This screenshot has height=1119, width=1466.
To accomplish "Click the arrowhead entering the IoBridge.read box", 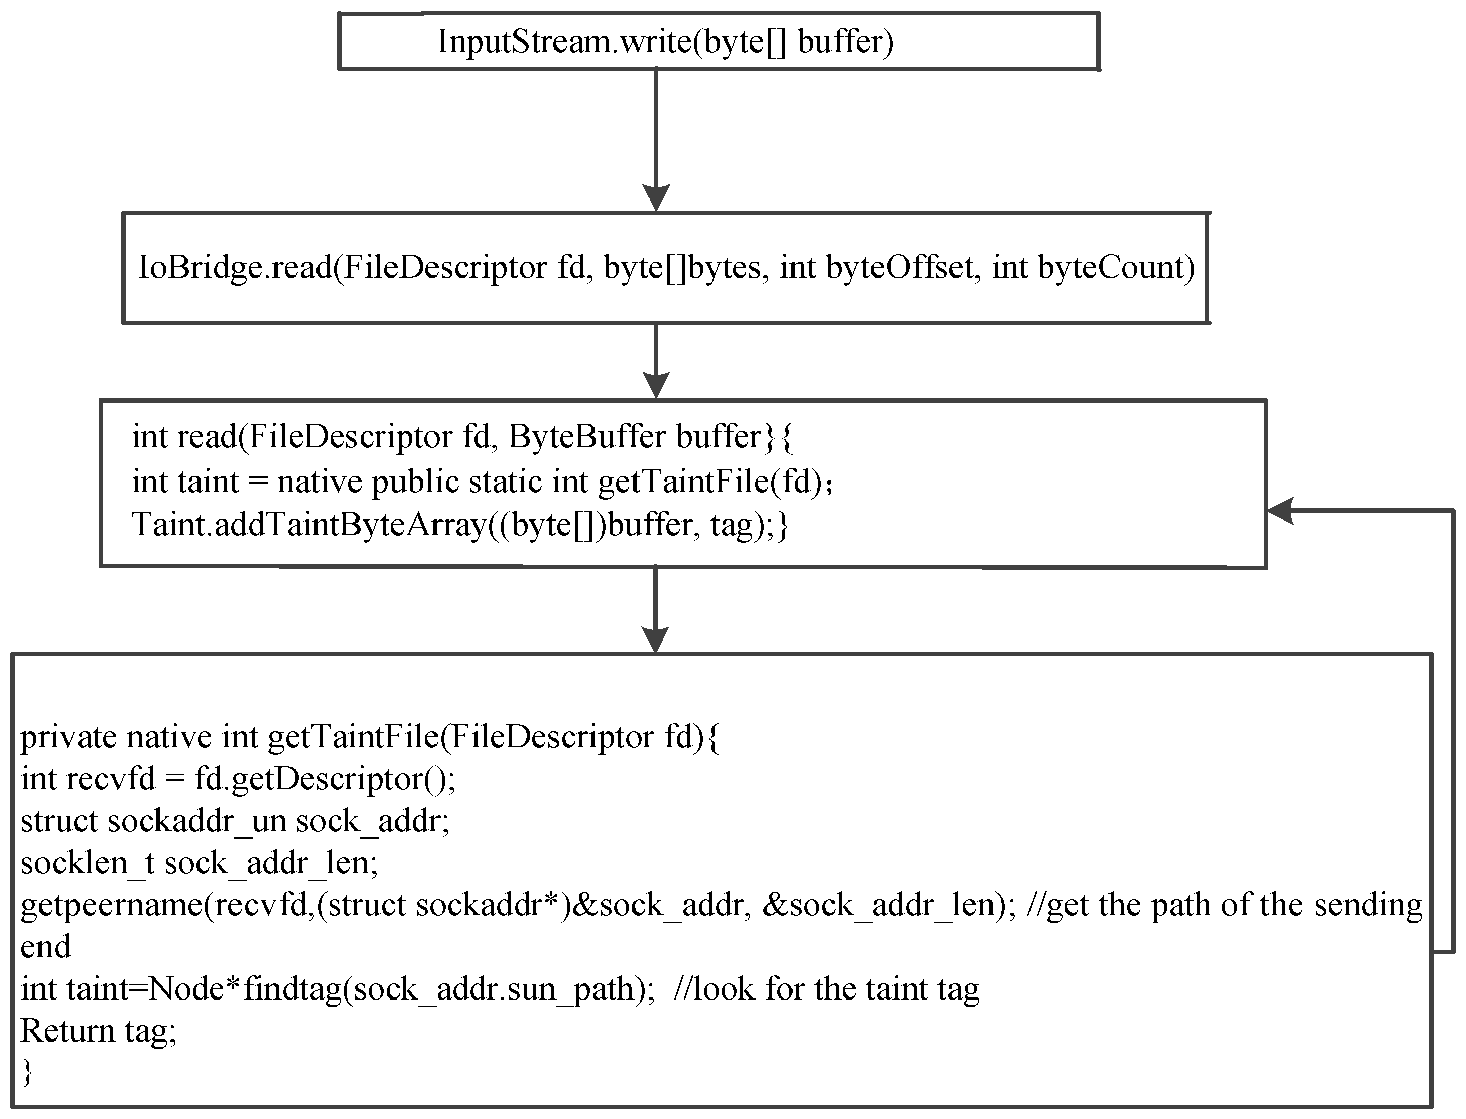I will coord(656,198).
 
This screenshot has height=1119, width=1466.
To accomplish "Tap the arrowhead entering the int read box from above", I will coord(656,386).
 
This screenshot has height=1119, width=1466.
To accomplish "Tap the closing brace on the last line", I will coord(27,1073).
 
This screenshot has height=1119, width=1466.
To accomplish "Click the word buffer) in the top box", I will coord(845,42).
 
